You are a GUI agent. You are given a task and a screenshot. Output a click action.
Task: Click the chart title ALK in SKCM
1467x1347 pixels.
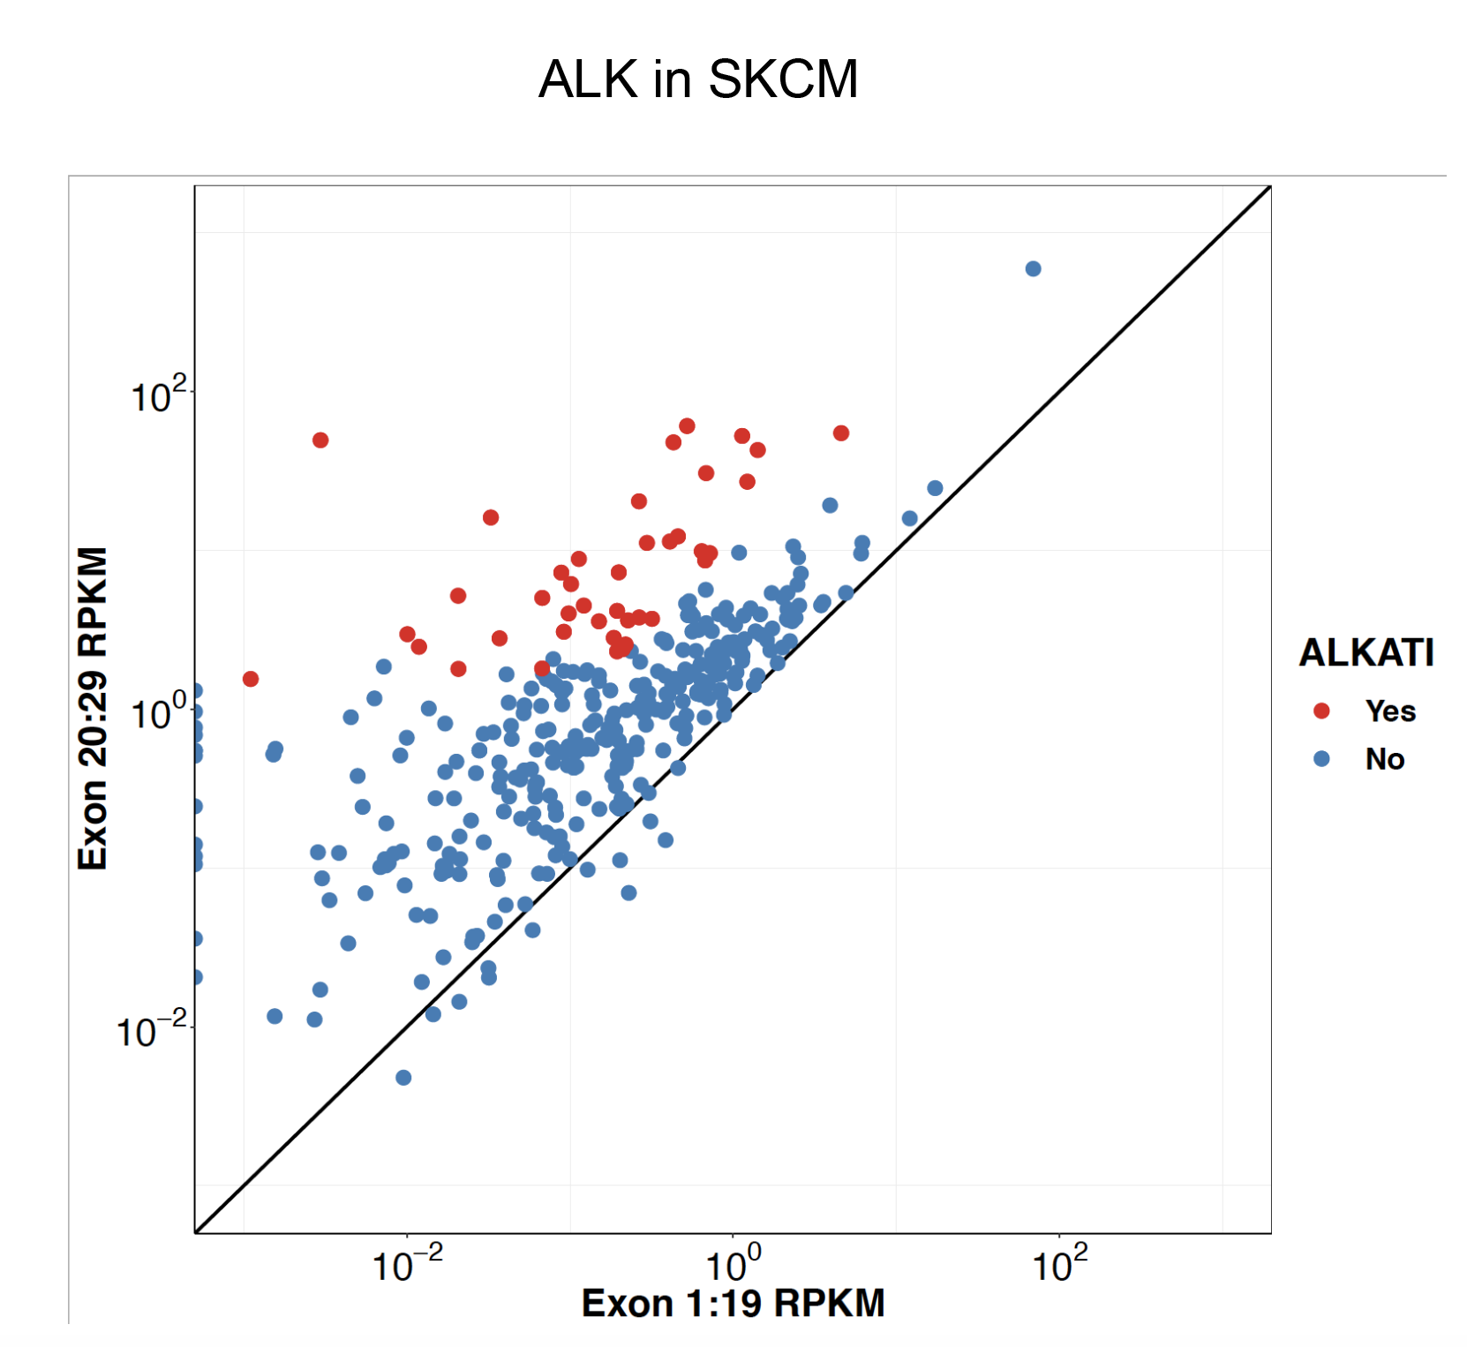point(697,79)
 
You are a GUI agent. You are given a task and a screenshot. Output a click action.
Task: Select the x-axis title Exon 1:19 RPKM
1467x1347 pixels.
point(733,1303)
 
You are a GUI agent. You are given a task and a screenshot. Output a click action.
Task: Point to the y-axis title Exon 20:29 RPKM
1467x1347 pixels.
point(93,708)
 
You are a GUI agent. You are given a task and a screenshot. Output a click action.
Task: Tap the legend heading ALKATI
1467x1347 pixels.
point(1366,653)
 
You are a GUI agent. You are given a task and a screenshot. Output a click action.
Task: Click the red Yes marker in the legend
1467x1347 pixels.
point(1321,711)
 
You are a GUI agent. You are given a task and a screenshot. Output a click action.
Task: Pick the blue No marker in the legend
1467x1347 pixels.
point(1321,758)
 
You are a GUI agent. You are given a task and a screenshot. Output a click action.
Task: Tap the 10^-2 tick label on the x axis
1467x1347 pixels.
point(407,1264)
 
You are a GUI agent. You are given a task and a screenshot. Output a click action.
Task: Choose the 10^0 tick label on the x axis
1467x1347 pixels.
point(733,1264)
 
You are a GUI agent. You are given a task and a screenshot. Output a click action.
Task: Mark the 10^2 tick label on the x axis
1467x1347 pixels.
point(1059,1264)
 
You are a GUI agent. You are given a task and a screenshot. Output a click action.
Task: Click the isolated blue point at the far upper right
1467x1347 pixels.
point(1033,268)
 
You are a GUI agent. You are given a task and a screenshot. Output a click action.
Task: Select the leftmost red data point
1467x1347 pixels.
point(251,679)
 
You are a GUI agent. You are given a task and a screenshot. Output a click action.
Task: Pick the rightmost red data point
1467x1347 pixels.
point(841,433)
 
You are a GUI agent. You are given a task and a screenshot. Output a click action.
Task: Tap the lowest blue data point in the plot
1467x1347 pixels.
point(403,1077)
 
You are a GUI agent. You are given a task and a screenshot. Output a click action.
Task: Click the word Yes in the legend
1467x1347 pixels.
point(1390,711)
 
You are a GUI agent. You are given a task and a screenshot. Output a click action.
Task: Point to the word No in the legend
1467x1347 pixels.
point(1384,758)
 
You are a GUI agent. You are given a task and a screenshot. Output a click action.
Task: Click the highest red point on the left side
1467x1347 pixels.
point(320,440)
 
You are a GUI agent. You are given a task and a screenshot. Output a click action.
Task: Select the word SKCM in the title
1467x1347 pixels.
point(783,79)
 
